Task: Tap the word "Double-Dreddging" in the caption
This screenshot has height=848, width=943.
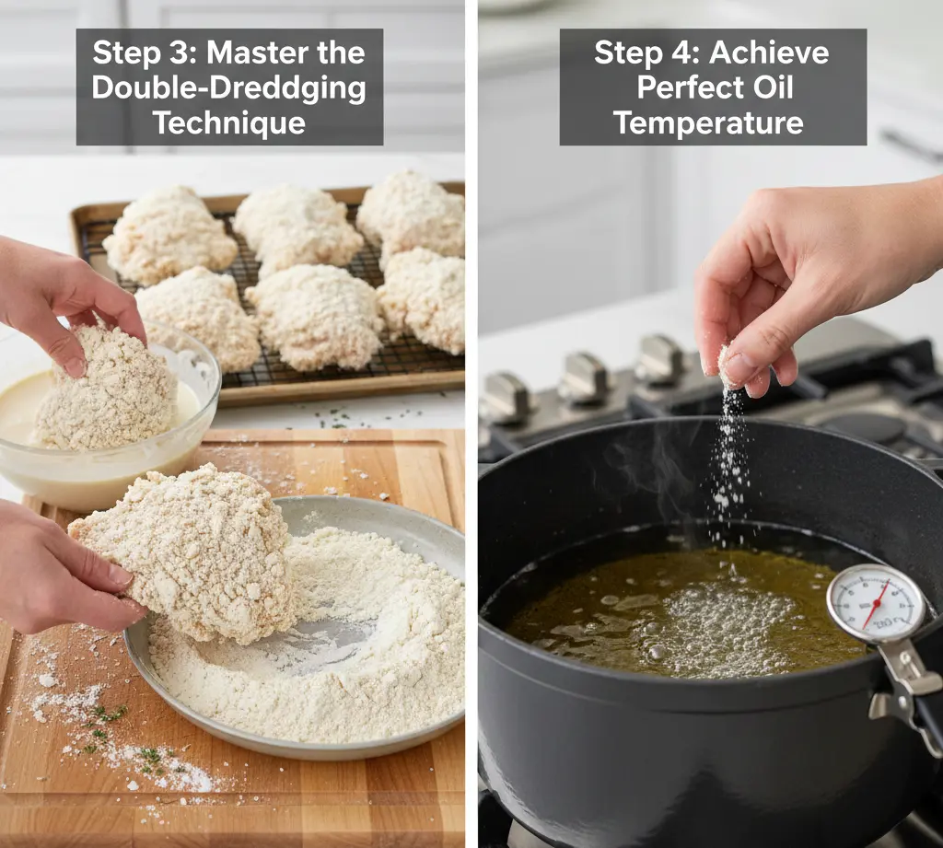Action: pos(229,87)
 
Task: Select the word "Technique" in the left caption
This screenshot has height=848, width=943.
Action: pos(229,122)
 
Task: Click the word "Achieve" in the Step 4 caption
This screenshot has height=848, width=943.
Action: pos(769,52)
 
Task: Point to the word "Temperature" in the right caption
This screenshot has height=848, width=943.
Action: pos(708,122)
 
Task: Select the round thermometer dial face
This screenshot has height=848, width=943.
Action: pos(875,603)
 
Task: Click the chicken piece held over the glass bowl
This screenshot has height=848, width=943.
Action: pos(103,388)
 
